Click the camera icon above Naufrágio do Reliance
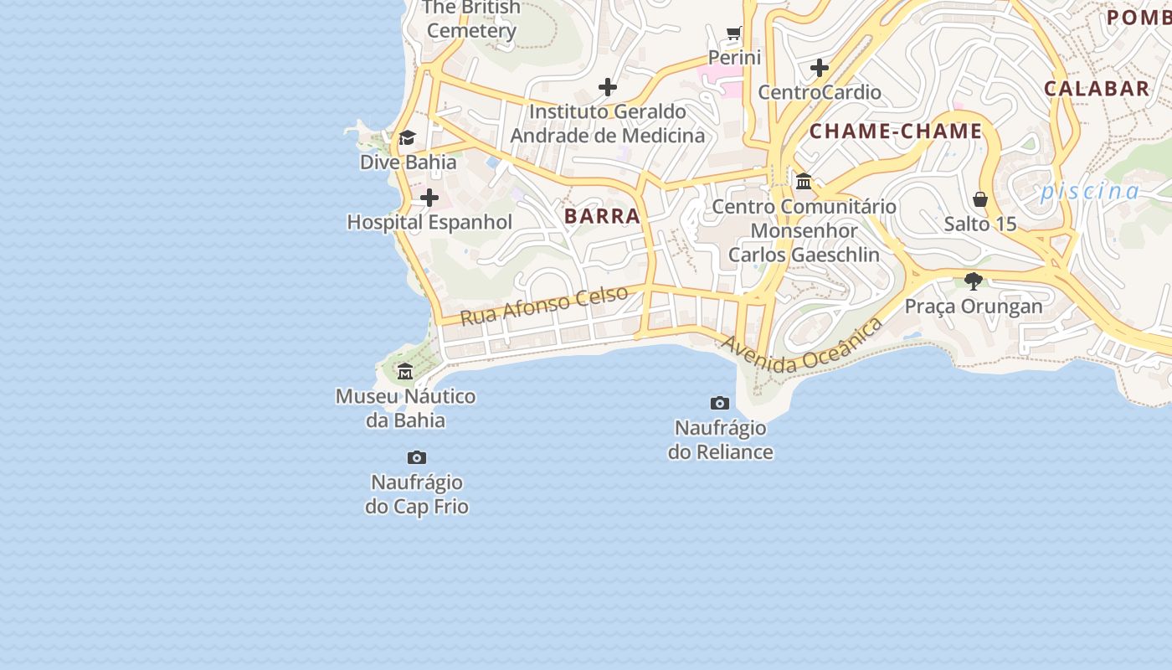tap(719, 404)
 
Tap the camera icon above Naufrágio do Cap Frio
tap(417, 458)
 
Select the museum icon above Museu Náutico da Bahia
tap(405, 371)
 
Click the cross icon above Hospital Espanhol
tap(429, 198)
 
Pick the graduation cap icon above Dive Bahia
tap(407, 137)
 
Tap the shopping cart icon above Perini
tap(734, 33)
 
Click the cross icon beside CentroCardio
tap(820, 68)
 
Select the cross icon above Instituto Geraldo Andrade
tap(608, 86)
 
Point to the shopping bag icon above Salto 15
tap(980, 199)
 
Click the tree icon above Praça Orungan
tap(973, 281)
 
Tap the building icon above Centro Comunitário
tap(804, 181)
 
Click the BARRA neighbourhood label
tap(602, 216)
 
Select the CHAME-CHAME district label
tap(895, 131)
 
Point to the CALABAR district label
tap(1096, 89)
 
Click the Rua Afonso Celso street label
tap(544, 305)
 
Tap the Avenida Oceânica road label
tap(802, 345)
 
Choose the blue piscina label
tap(1090, 192)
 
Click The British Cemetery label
tap(471, 19)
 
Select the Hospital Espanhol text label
tap(429, 223)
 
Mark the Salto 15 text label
tap(980, 224)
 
